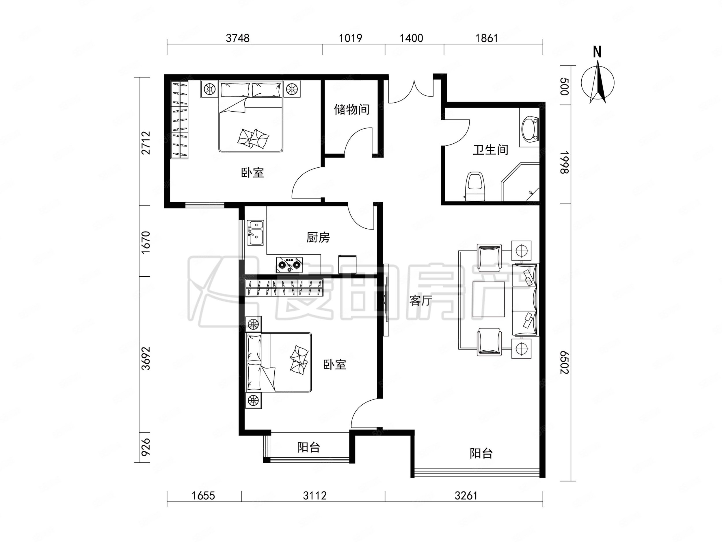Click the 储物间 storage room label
point(351,110)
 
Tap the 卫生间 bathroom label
point(491,150)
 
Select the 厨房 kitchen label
point(318,237)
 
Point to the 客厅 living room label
point(421,301)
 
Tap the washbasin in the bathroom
point(529,130)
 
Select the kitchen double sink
point(256,233)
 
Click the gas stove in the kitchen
point(289,264)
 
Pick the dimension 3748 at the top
point(238,38)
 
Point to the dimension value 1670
point(146,243)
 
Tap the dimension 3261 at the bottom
point(466,496)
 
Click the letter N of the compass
point(597,52)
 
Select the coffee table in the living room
point(489,299)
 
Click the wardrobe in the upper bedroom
point(180,120)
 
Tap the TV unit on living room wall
point(386,300)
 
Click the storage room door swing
point(358,141)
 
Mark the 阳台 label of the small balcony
point(308,447)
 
